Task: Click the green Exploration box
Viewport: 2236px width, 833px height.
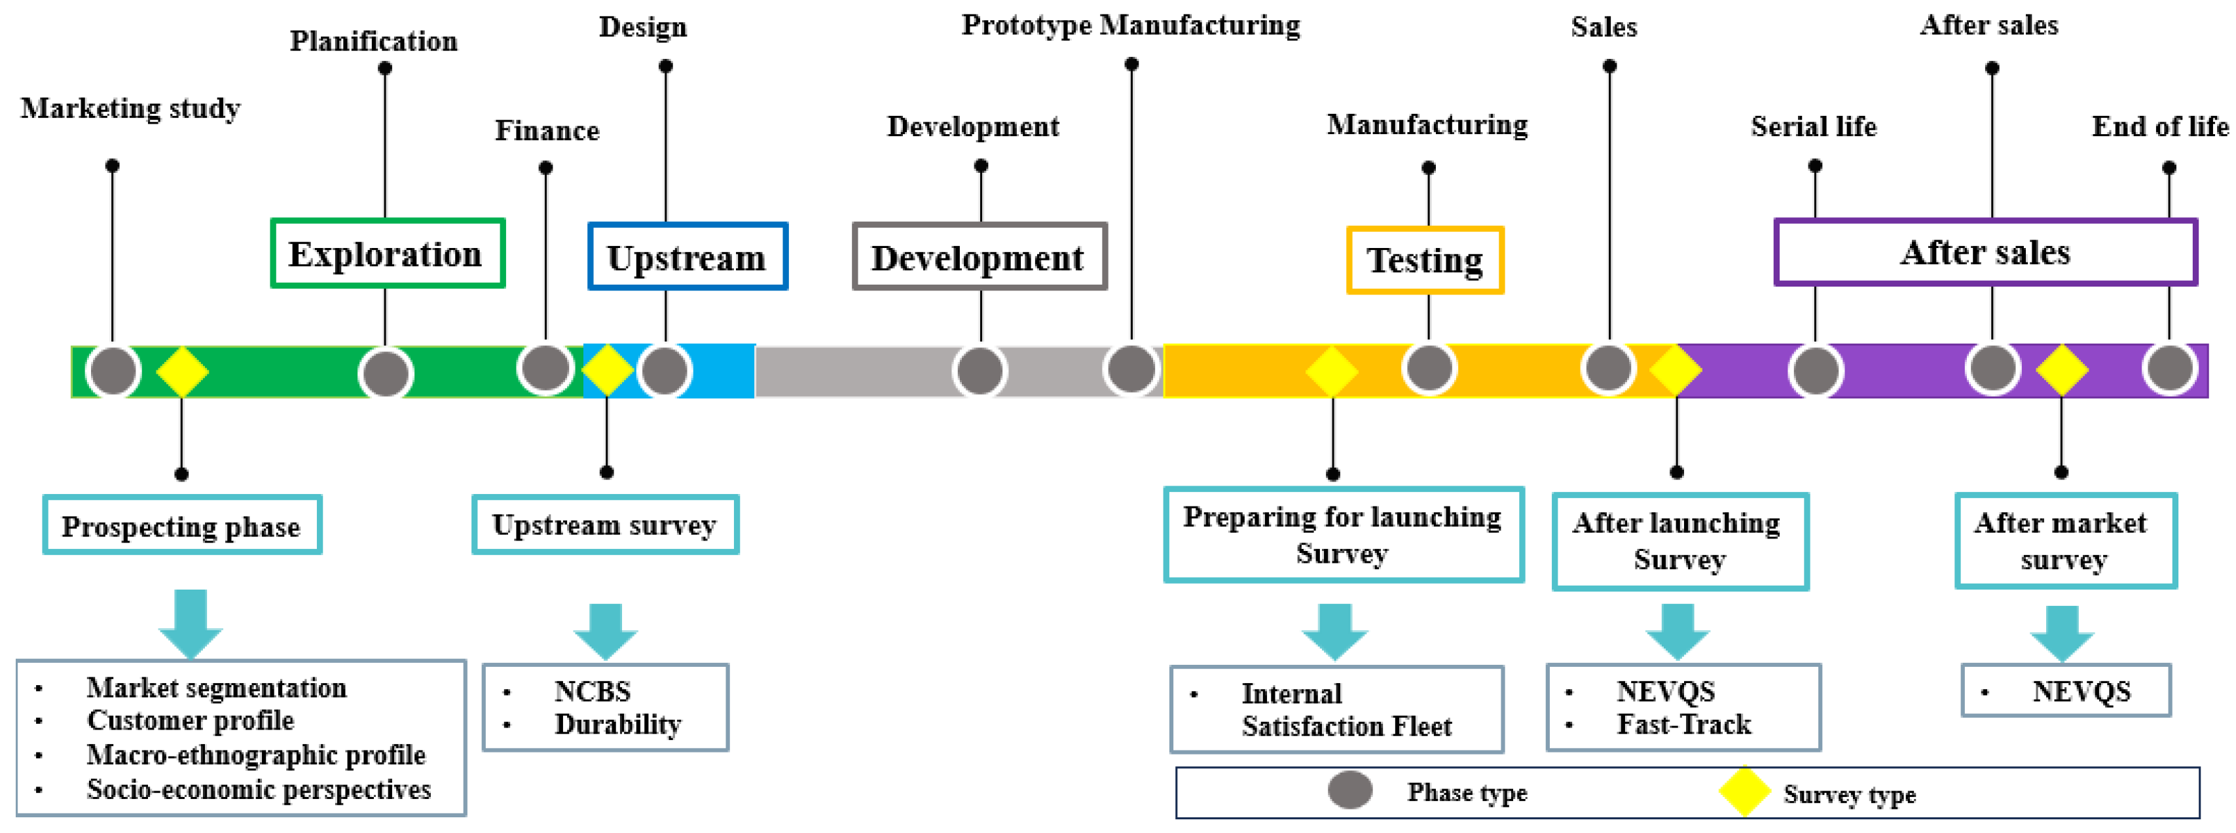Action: pyautogui.click(x=387, y=253)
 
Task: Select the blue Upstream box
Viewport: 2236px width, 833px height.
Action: pyautogui.click(x=687, y=257)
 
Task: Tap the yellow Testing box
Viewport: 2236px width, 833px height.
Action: pyautogui.click(x=1424, y=260)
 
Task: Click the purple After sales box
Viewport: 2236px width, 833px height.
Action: pyautogui.click(x=1985, y=253)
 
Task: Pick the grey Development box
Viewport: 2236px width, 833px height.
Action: pyautogui.click(x=978, y=257)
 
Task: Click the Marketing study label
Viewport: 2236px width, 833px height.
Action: pyautogui.click(x=130, y=109)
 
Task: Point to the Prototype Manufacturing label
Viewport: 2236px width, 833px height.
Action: pyautogui.click(x=1130, y=25)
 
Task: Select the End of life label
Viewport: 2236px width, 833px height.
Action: pyautogui.click(x=2159, y=127)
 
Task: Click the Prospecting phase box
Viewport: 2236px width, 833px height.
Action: pyautogui.click(x=181, y=526)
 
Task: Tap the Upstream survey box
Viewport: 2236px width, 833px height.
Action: pyautogui.click(x=604, y=525)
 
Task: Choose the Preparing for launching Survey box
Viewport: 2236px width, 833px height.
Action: pyautogui.click(x=1342, y=535)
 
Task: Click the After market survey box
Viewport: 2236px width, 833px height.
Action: pyautogui.click(x=2064, y=541)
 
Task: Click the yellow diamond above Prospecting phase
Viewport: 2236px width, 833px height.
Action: pyautogui.click(x=182, y=372)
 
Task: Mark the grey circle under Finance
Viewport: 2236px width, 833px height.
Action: pyautogui.click(x=545, y=369)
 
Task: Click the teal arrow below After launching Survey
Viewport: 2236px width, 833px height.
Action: pyautogui.click(x=1677, y=631)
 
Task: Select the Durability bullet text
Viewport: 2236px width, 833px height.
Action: pyautogui.click(x=617, y=724)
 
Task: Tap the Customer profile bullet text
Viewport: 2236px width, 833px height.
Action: pyautogui.click(x=190, y=720)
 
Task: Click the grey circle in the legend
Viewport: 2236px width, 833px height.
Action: pyautogui.click(x=1349, y=790)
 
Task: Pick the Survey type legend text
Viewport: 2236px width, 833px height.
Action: pyautogui.click(x=1849, y=794)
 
